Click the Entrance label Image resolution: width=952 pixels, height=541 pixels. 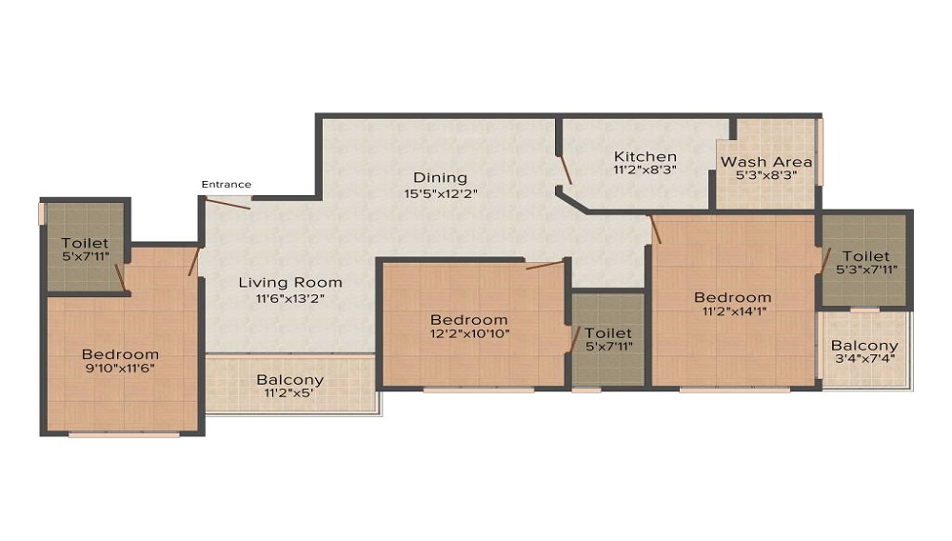[226, 184]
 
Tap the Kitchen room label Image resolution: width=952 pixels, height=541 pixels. [645, 156]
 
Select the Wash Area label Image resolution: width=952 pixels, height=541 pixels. [766, 162]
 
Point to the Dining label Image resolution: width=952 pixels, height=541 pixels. [440, 177]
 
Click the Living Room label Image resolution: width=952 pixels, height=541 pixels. [290, 282]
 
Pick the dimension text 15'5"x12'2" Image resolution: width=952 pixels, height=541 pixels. [441, 194]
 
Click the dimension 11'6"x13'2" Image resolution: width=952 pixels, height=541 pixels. [290, 298]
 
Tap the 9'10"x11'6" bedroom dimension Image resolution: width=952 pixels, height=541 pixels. [120, 369]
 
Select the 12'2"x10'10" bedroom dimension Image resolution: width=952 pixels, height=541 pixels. [469, 333]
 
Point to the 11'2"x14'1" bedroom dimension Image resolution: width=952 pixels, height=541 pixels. [733, 311]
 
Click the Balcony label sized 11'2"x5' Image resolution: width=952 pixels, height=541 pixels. [289, 380]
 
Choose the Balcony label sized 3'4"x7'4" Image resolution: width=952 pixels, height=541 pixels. [864, 346]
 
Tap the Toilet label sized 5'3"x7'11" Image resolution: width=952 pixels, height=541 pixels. [865, 256]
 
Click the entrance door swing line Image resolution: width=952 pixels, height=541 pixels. [228, 203]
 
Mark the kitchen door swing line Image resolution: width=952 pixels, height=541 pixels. [565, 170]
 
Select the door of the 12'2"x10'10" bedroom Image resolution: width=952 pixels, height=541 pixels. [545, 265]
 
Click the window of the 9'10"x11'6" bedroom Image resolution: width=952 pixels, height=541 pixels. [124, 434]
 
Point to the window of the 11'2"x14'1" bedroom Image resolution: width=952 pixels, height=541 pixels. [735, 390]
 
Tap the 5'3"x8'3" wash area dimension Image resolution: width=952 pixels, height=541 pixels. [766, 175]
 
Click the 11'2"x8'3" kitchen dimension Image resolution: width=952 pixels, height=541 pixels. [645, 170]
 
